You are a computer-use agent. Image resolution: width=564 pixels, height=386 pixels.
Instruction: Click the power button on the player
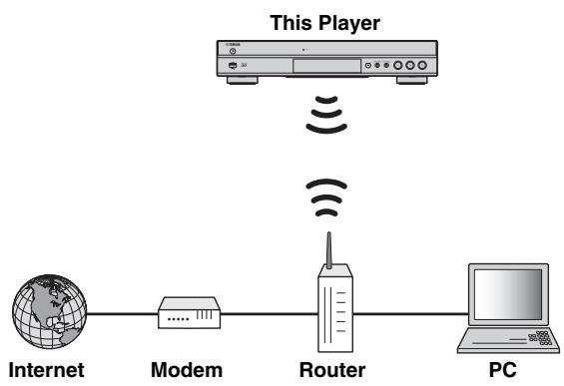click(x=232, y=51)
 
